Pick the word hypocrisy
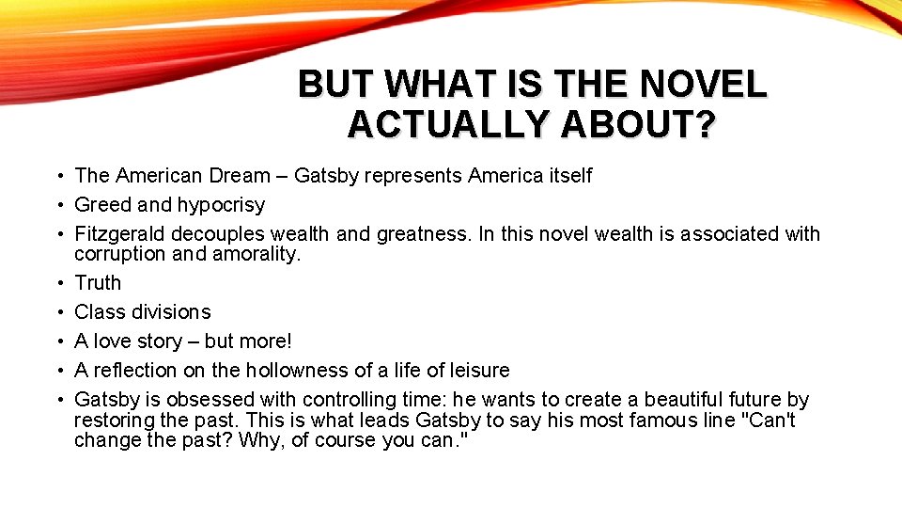coord(222,205)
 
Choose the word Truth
coord(98,283)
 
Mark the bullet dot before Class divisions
coord(58,312)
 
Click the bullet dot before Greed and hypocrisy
coord(58,205)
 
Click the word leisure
coord(475,371)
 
